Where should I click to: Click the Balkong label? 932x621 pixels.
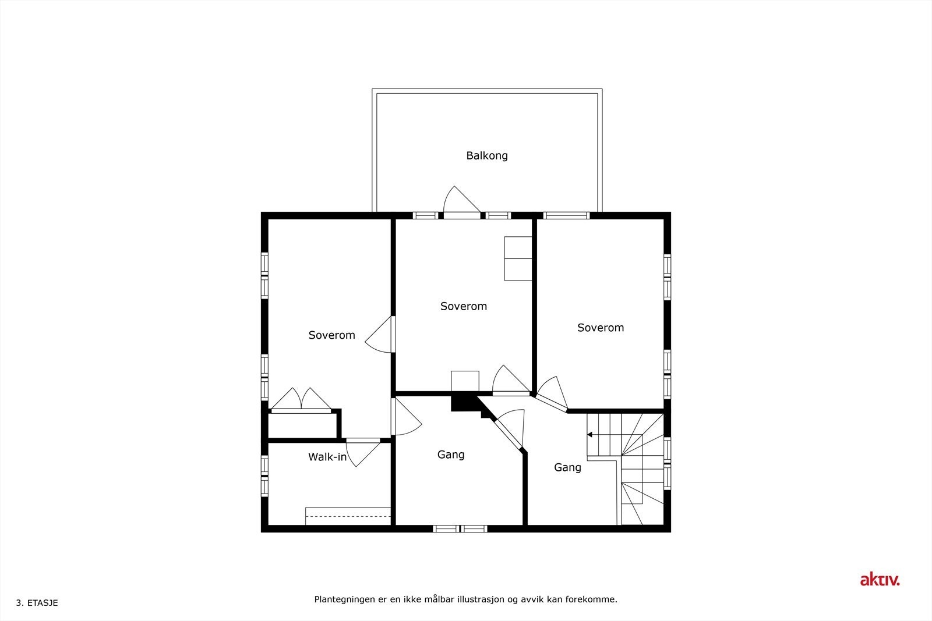(x=487, y=155)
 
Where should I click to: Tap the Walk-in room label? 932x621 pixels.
(x=327, y=457)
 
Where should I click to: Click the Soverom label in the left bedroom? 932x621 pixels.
(x=331, y=335)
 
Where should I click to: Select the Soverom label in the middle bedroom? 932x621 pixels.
(x=464, y=306)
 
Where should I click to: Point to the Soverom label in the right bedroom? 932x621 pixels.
(x=601, y=328)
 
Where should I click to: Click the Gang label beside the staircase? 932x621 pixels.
(x=567, y=467)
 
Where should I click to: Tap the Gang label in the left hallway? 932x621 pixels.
(x=451, y=455)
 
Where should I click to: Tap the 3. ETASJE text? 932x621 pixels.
(x=37, y=603)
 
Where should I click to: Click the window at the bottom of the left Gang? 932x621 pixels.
(x=460, y=528)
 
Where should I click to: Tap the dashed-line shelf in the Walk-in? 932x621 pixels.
(x=348, y=516)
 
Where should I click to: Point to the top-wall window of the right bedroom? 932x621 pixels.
(x=566, y=215)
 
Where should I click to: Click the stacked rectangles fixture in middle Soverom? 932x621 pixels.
(x=518, y=258)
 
